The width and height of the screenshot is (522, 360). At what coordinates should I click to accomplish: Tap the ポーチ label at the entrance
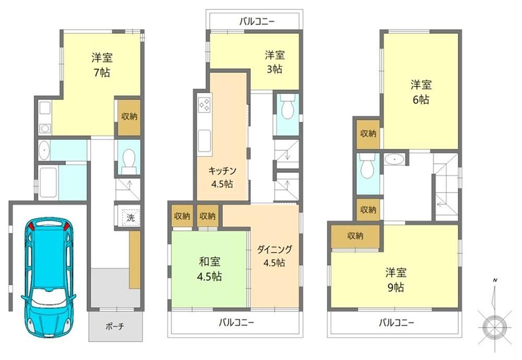(x=115, y=327)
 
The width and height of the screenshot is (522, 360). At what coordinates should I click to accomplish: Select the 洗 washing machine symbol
(x=130, y=218)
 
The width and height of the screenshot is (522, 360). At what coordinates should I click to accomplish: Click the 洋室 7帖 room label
(x=102, y=65)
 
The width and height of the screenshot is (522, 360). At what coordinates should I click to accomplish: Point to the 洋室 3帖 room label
(x=275, y=62)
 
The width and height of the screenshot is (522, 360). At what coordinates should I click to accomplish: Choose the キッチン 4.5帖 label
(x=222, y=177)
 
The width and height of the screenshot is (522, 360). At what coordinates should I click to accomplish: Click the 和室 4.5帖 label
(x=210, y=269)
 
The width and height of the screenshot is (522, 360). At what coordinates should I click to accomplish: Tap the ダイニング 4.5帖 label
(x=275, y=256)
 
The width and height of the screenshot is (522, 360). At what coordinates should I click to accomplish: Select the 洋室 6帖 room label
(x=421, y=92)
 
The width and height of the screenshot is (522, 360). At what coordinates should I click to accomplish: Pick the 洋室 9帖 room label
(x=396, y=280)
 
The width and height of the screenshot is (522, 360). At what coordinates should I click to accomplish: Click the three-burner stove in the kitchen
(x=205, y=104)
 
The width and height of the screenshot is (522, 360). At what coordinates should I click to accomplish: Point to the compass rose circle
(x=495, y=327)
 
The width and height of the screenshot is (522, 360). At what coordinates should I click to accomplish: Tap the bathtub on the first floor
(x=48, y=183)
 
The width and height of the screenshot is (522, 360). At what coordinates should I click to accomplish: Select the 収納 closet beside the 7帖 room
(x=129, y=117)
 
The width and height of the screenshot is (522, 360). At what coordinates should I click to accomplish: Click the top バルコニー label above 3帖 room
(x=257, y=22)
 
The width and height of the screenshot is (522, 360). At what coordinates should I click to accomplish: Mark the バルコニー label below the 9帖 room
(x=397, y=322)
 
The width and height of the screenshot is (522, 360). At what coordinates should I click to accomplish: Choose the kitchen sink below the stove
(x=205, y=141)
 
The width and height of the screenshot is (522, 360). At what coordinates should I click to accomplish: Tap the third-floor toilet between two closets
(x=367, y=166)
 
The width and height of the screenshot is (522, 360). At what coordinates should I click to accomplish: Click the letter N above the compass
(x=495, y=280)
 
